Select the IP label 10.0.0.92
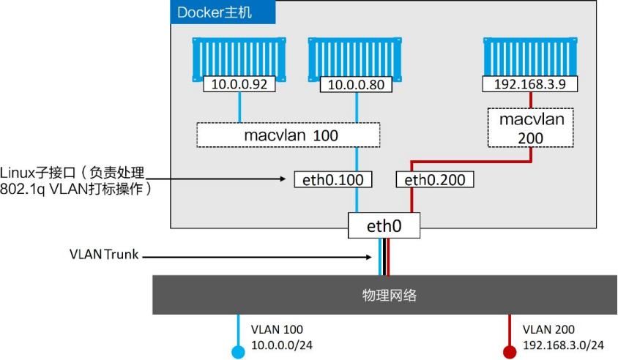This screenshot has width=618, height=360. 239,84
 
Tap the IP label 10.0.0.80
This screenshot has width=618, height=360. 356,85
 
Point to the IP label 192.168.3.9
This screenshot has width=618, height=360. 530,84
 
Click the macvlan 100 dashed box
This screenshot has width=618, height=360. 288,135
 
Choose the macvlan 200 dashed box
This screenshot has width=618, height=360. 531,128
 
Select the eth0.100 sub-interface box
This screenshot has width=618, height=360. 333,179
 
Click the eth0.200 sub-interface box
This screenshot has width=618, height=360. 435,179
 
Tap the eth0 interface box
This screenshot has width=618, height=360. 384,225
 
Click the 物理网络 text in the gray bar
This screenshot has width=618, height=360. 390,296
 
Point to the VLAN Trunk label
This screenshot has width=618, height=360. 104,255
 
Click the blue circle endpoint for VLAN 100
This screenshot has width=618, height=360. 238,352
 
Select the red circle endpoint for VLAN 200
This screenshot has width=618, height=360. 510,352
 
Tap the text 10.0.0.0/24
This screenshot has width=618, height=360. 282,345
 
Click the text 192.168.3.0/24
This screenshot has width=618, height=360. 563,345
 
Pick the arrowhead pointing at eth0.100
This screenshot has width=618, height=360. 283,179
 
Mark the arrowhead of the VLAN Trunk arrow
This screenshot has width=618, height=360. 369,258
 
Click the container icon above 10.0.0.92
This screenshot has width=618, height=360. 239,59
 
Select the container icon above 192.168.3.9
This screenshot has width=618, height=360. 530,59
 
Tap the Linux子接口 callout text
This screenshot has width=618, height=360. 75,181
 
